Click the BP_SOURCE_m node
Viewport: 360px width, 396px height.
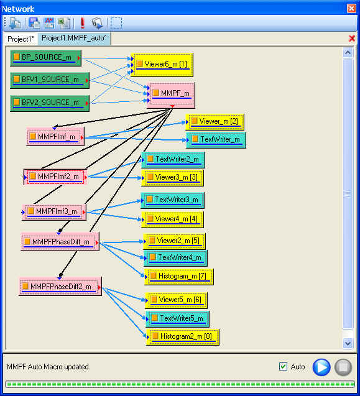pyautogui.click(x=46, y=58)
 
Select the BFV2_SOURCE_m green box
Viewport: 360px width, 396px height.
pyautogui.click(x=50, y=103)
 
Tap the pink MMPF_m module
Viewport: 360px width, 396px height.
pyautogui.click(x=171, y=95)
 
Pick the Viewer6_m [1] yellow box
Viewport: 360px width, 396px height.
pyautogui.click(x=162, y=65)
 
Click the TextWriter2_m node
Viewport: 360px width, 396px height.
pyautogui.click(x=173, y=160)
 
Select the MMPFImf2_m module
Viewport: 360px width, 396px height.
pyautogui.click(x=55, y=177)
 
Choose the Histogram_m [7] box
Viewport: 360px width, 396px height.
pyautogui.click(x=179, y=277)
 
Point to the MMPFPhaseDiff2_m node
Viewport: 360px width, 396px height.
pyautogui.click(x=60, y=286)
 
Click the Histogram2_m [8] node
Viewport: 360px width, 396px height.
pyautogui.click(x=183, y=337)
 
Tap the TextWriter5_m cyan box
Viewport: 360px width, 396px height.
pyautogui.click(x=178, y=319)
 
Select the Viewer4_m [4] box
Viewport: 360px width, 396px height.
pyautogui.click(x=173, y=219)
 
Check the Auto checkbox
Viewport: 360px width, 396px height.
pyautogui.click(x=283, y=366)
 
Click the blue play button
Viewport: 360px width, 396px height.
pyautogui.click(x=321, y=367)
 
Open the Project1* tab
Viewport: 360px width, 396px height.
pyautogui.click(x=21, y=39)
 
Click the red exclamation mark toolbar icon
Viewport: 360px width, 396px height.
pyautogui.click(x=82, y=23)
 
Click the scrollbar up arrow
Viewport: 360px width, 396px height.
pyautogui.click(x=348, y=53)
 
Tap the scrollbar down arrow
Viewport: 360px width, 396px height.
pyautogui.click(x=348, y=343)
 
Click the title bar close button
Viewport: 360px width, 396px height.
pyautogui.click(x=351, y=9)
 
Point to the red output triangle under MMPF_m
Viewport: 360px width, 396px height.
pyautogui.click(x=172, y=106)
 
